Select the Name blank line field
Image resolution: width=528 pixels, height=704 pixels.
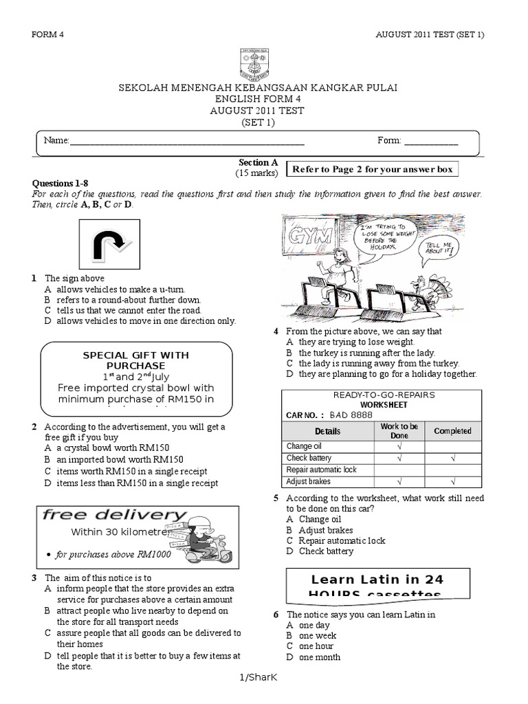(186, 141)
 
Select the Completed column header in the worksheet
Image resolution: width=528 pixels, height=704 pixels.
(452, 431)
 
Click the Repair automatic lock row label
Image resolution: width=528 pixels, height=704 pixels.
(322, 470)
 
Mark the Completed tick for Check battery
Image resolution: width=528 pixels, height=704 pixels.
(452, 458)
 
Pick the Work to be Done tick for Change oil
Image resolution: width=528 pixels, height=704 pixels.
(399, 446)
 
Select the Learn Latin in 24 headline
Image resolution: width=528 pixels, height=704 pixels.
(375, 579)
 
